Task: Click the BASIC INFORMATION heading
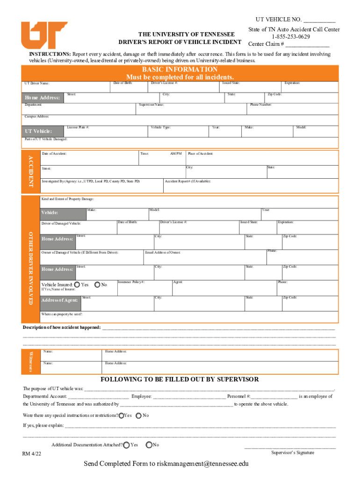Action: click(x=180, y=69)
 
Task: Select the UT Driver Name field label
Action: click(x=37, y=84)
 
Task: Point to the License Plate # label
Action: click(x=78, y=127)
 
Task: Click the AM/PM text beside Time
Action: click(x=176, y=153)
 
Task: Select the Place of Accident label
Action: click(x=201, y=153)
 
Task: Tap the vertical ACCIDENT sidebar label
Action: click(x=31, y=170)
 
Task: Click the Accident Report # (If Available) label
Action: click(x=187, y=181)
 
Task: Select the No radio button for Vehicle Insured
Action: click(x=97, y=284)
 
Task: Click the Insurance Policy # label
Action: click(x=131, y=282)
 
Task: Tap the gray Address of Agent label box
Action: click(x=59, y=300)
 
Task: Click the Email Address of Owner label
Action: click(x=163, y=253)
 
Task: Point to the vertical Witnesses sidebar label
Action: click(x=31, y=361)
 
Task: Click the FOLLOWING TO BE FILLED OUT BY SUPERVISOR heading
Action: click(x=180, y=379)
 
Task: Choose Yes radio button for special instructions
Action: click(x=122, y=415)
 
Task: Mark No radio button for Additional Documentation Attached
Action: click(x=149, y=445)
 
